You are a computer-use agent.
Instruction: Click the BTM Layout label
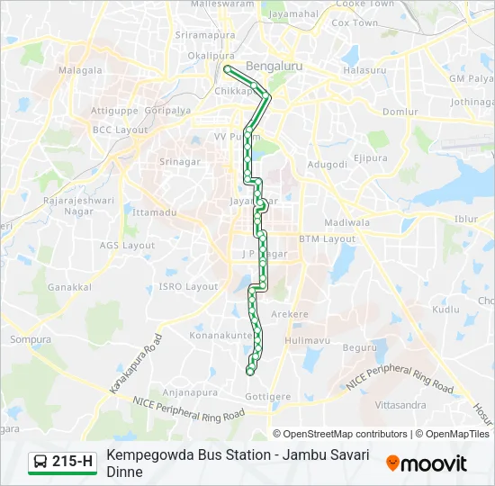click(x=328, y=238)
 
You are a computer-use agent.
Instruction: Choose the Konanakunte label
click(x=219, y=335)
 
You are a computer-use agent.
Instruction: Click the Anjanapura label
click(x=192, y=392)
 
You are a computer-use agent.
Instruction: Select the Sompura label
click(x=32, y=339)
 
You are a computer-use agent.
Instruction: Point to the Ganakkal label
click(x=70, y=287)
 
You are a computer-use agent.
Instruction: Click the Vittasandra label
click(x=400, y=405)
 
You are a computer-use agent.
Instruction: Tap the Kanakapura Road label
click(x=136, y=364)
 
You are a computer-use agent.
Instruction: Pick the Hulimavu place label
click(x=307, y=341)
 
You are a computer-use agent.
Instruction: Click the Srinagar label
click(x=179, y=162)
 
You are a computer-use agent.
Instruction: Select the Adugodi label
click(x=327, y=165)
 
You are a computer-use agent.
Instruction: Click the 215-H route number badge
click(x=62, y=462)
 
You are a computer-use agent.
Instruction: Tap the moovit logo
click(x=427, y=463)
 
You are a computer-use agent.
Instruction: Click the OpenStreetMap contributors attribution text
click(x=346, y=434)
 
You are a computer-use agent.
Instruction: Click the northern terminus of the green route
click(x=227, y=68)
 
